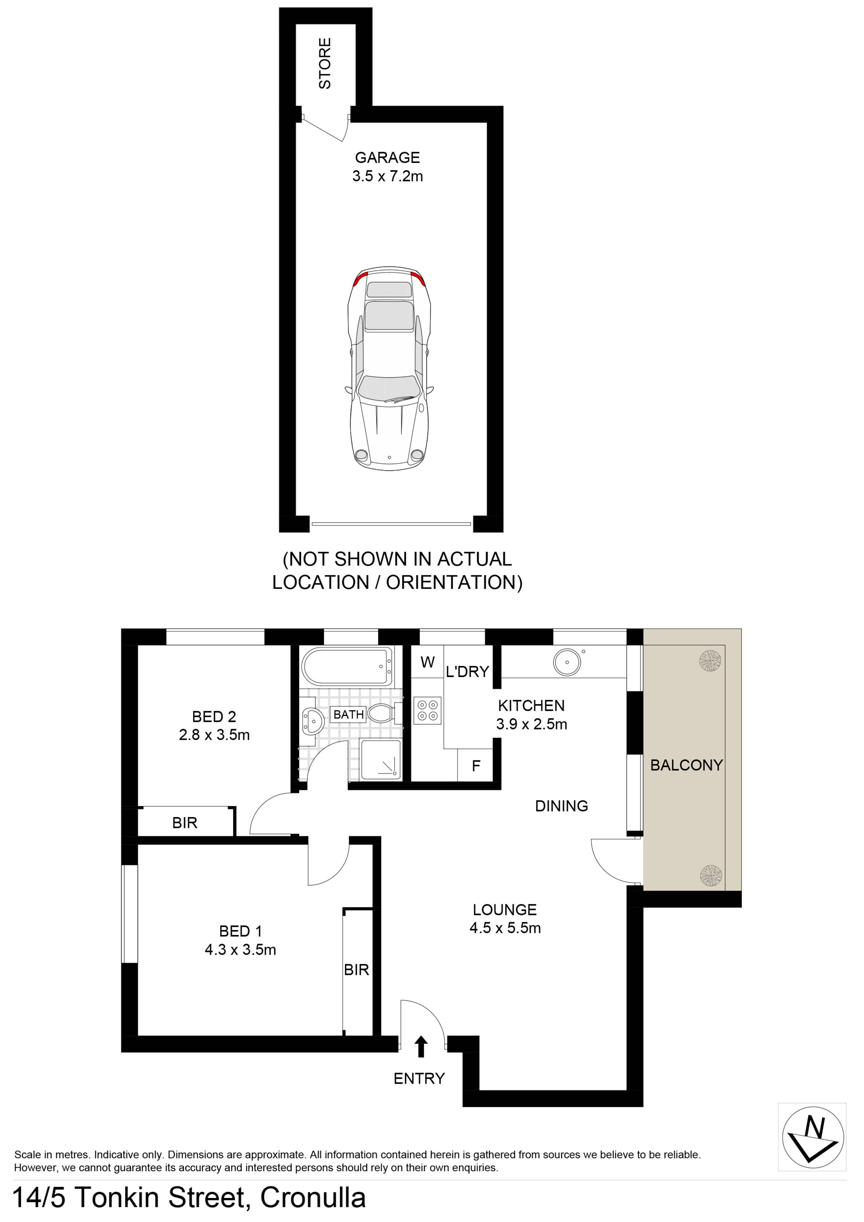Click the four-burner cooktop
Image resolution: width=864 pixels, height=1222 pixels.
[428, 710]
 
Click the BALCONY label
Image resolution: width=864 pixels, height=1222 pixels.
[686, 765]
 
